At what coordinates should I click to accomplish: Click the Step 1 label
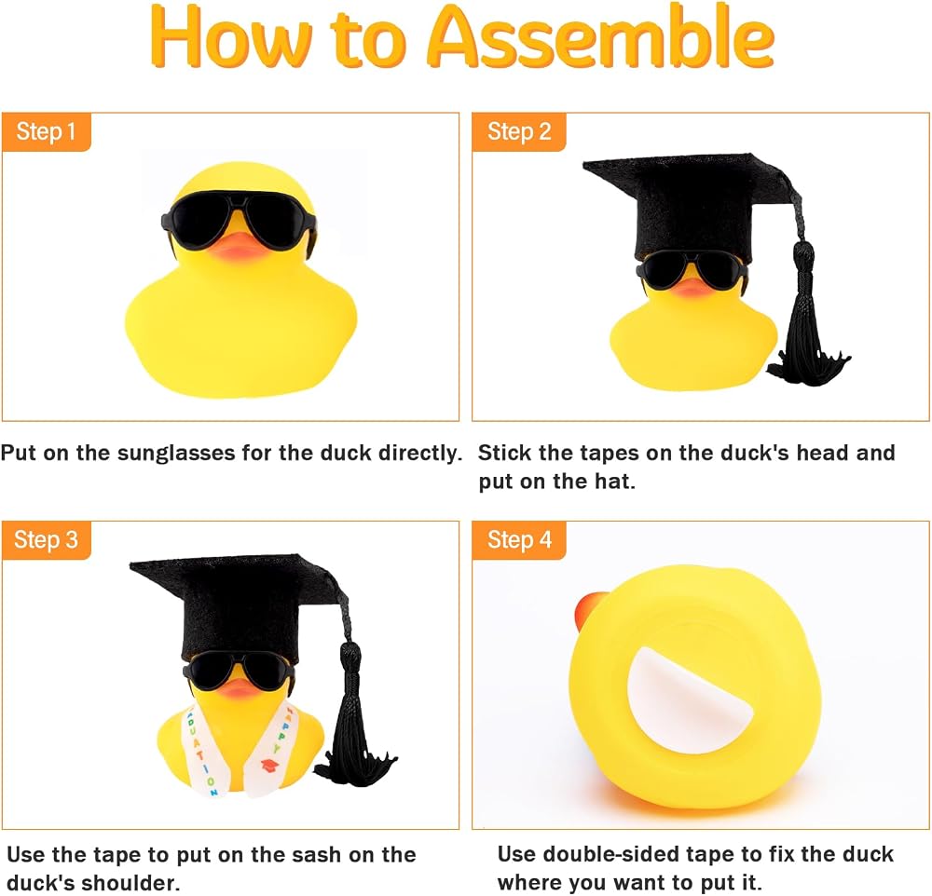click(x=47, y=132)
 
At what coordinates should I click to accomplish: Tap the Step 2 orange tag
click(x=519, y=132)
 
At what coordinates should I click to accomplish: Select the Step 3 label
click(x=47, y=540)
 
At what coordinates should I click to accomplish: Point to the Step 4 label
click(x=519, y=540)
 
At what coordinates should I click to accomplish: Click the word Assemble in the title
click(x=600, y=37)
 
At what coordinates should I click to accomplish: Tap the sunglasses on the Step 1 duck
click(x=239, y=218)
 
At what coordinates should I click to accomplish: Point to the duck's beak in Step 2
click(x=690, y=286)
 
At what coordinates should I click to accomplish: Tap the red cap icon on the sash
click(x=270, y=766)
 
